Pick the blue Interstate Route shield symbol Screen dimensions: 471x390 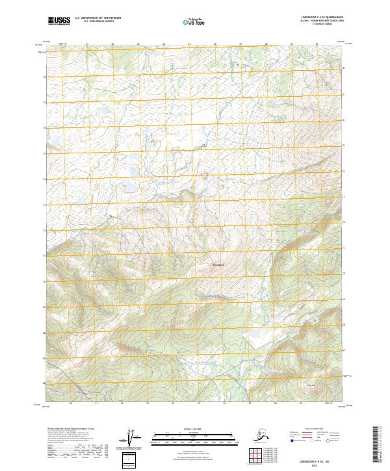pyautogui.click(x=292, y=440)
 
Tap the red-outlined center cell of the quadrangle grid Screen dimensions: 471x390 pyautogui.click(x=255, y=455)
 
